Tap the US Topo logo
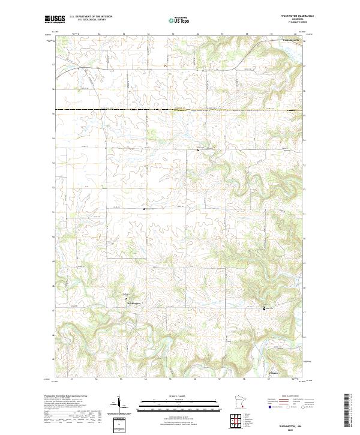(x=179, y=20)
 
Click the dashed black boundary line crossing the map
(x=180, y=111)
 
